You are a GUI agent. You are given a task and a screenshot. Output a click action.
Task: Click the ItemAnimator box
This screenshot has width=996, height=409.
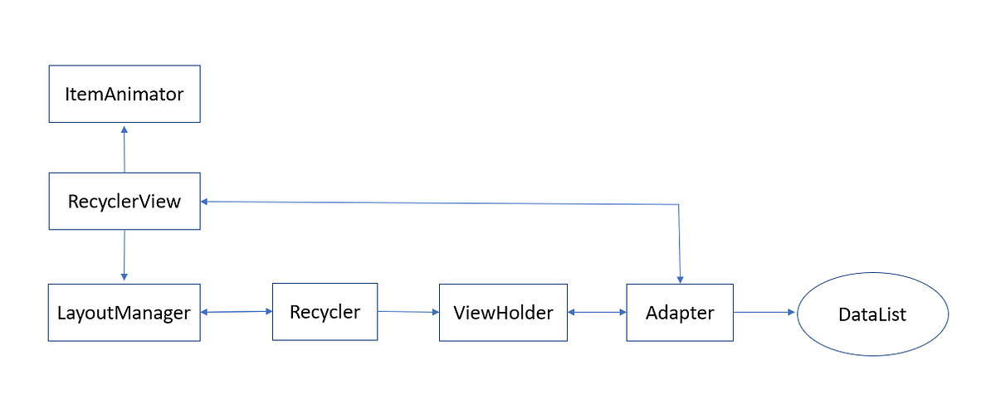[x=124, y=94]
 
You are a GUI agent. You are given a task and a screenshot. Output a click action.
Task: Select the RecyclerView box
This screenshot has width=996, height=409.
[x=124, y=201]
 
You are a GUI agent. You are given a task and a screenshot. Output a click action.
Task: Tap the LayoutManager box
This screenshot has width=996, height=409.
[x=124, y=313]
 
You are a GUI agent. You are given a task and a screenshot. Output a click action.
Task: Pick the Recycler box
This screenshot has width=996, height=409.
[x=325, y=312]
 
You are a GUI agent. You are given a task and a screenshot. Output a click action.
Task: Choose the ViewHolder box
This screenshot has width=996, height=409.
[x=503, y=313]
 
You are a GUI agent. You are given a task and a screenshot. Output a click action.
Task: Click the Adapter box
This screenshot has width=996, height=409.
[x=680, y=313]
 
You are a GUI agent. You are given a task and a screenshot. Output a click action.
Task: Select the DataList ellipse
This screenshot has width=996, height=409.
[x=872, y=314]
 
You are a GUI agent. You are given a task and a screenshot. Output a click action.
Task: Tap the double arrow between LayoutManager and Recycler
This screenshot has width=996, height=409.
[x=237, y=312]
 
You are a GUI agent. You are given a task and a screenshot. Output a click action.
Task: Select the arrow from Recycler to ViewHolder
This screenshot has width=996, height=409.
[x=408, y=312]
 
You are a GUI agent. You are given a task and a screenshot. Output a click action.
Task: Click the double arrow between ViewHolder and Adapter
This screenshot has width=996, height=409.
[x=597, y=313]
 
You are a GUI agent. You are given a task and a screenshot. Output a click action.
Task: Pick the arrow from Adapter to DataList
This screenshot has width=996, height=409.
[x=764, y=313]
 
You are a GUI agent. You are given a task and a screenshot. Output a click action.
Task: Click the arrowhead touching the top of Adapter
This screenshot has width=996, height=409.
[x=680, y=280]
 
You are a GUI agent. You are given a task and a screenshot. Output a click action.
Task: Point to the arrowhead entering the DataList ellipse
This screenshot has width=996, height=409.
[x=791, y=313]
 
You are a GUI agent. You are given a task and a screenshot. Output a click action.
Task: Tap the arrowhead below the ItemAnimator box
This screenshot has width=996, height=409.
[x=124, y=129]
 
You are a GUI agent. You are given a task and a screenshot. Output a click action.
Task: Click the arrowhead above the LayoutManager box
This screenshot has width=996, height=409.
[x=124, y=277]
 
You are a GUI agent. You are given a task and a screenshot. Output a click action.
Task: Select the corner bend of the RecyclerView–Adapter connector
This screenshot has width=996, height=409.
[x=679, y=204]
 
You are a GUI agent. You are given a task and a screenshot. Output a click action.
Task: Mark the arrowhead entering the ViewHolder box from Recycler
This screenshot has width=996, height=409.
[x=434, y=313]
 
